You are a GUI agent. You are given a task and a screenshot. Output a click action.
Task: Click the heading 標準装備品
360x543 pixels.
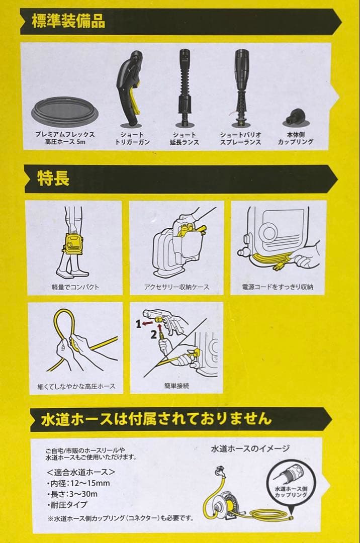pyautogui.click(x=68, y=23)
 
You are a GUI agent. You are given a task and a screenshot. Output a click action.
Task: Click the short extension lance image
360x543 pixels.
pyautogui.click(x=185, y=88)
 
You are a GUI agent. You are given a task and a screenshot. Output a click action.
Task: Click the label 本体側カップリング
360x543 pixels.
pyautogui.click(x=296, y=139)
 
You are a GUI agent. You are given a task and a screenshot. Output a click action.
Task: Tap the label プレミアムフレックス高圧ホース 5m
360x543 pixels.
pyautogui.click(x=65, y=139)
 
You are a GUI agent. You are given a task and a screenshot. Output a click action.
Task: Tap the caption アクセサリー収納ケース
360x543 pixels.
pyautogui.click(x=176, y=287)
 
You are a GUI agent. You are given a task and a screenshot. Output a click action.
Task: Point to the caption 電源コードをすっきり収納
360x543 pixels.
pyautogui.click(x=278, y=287)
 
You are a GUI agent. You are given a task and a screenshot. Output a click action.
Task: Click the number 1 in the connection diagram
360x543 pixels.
pyautogui.click(x=139, y=325)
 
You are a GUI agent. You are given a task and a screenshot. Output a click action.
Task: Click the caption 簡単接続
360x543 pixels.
pyautogui.click(x=172, y=386)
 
